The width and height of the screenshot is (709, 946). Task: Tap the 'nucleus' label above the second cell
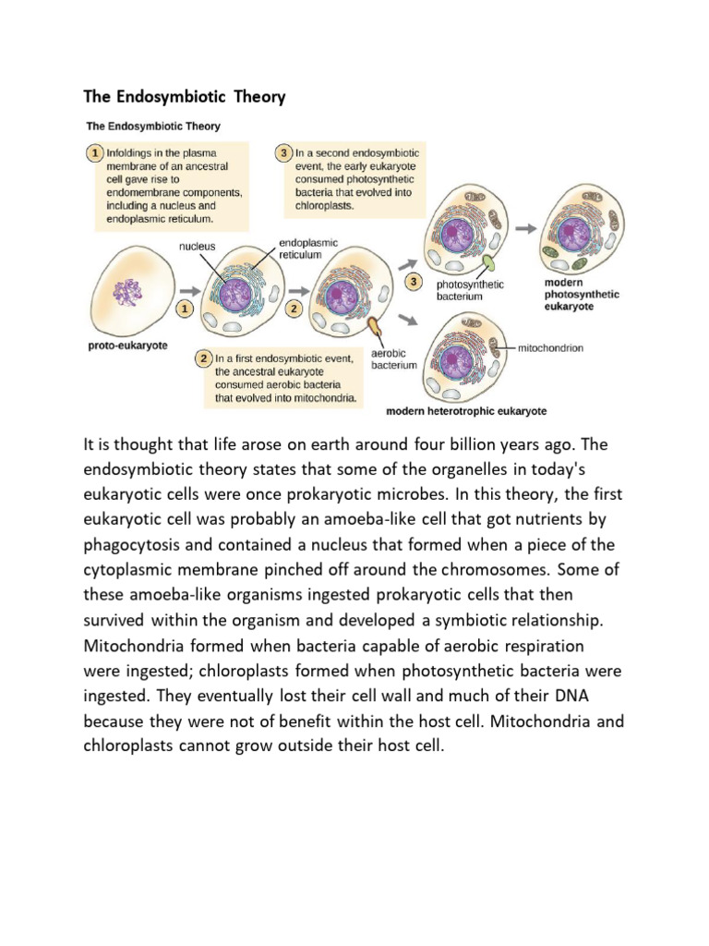click(x=197, y=247)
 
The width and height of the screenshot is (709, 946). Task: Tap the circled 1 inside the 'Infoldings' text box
click(x=96, y=151)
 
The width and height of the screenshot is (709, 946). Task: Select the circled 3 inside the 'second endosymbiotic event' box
click(x=284, y=152)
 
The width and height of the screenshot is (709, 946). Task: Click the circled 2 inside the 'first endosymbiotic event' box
click(x=203, y=357)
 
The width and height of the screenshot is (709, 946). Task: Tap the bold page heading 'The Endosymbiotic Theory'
click(x=185, y=96)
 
